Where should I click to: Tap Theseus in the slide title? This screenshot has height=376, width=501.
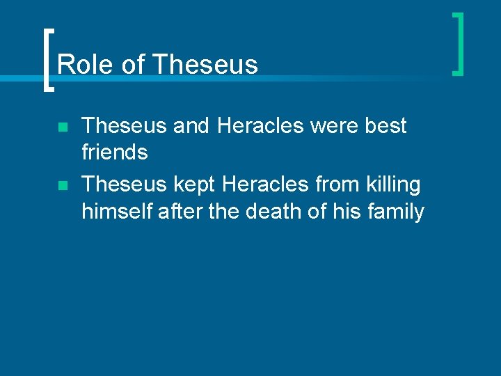pos(204,65)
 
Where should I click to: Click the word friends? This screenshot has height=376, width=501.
pos(115,152)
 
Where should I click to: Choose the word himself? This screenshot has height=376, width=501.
pos(117,210)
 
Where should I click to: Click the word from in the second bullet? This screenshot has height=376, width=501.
pos(336,185)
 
